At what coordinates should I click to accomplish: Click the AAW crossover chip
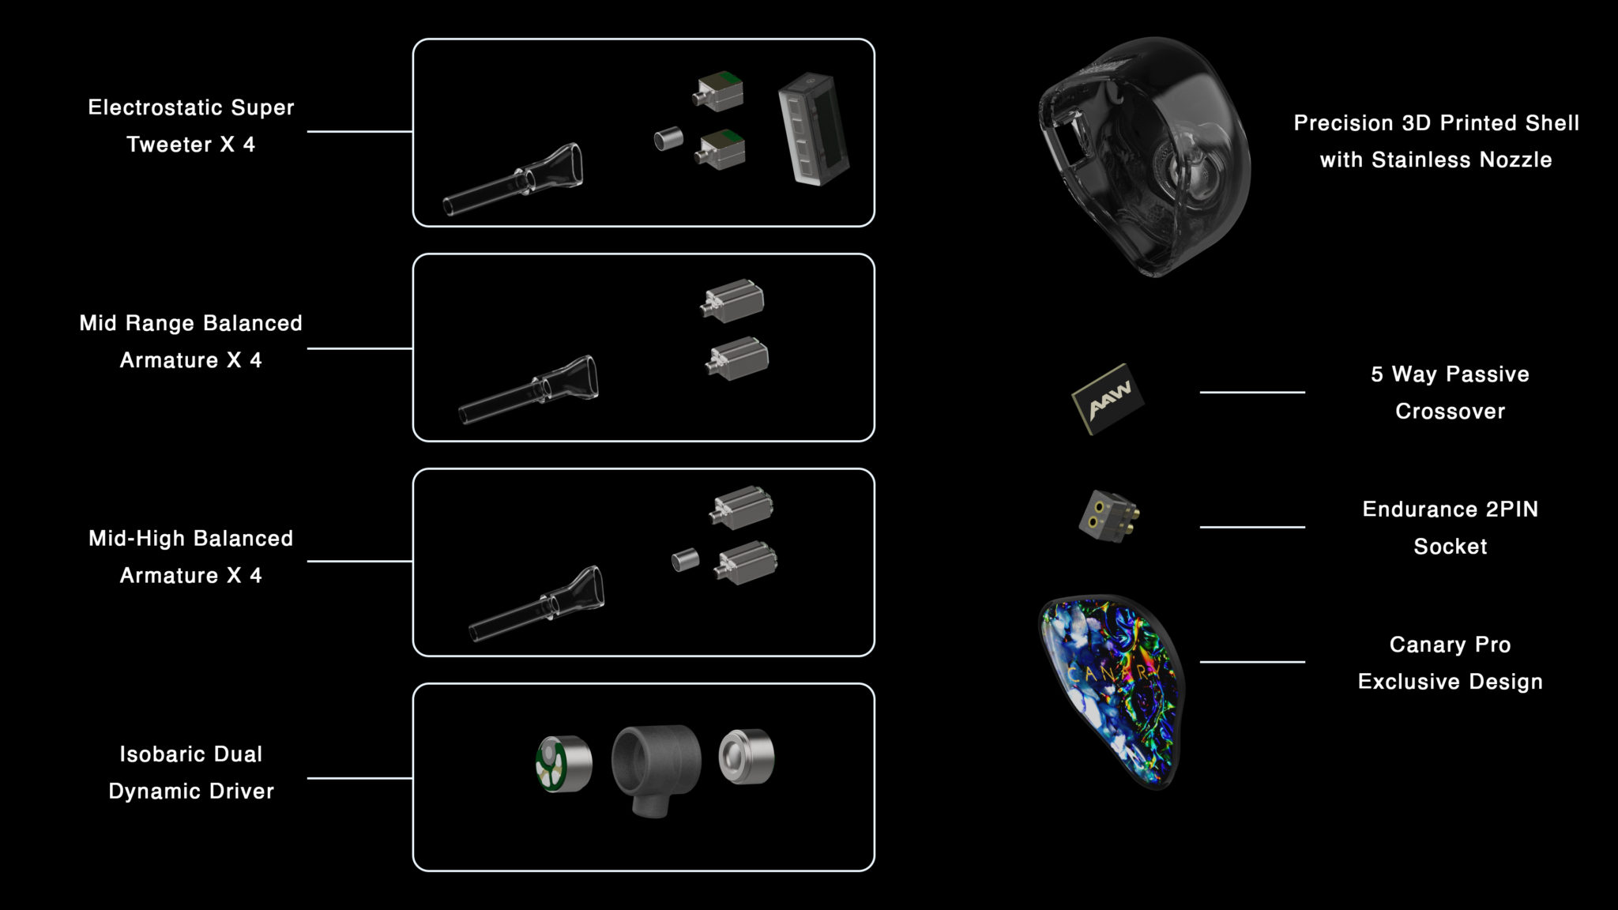[x=1108, y=399]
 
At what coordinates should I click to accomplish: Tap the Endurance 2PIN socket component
[x=1108, y=516]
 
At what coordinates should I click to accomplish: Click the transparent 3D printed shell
[x=1144, y=156]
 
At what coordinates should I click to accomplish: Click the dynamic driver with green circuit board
[x=563, y=764]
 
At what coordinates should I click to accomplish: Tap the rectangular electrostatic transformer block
[x=813, y=130]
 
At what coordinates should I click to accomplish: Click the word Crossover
[x=1450, y=412]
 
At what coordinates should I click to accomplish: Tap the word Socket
[x=1450, y=547]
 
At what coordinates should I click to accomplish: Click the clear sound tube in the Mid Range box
[x=529, y=389]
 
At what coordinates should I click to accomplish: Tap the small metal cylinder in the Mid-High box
[x=685, y=560]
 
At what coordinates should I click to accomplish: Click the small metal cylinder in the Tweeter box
[x=668, y=140]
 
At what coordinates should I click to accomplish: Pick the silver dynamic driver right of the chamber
[x=747, y=757]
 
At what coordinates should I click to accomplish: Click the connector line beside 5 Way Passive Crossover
[x=1252, y=392]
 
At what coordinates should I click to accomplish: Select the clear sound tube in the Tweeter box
[x=513, y=179]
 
